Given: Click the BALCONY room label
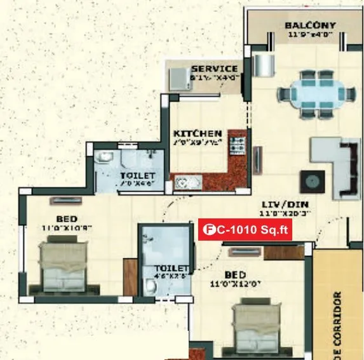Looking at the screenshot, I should [x=311, y=25].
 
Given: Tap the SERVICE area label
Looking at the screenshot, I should [x=214, y=69].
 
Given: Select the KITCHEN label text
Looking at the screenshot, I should [x=197, y=133].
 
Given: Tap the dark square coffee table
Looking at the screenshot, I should [x=312, y=181].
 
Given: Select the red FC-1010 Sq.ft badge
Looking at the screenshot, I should [x=245, y=230].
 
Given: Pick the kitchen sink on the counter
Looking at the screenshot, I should [x=189, y=183].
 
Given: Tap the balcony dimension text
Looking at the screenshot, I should [x=311, y=36].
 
